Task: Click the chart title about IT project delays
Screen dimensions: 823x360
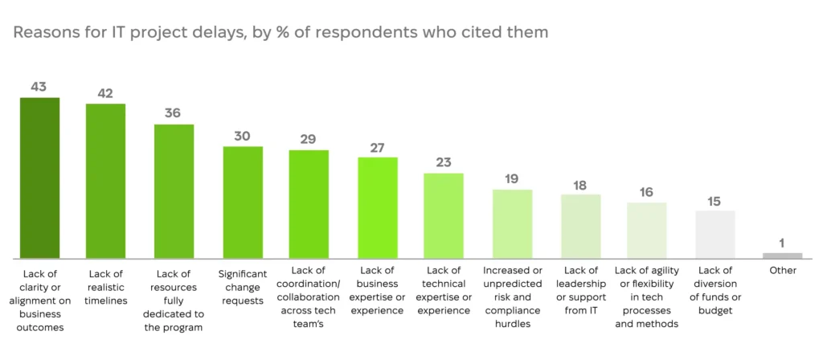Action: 280,32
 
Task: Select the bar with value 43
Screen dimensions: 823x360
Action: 40,178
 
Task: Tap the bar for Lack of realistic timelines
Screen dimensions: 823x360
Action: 105,181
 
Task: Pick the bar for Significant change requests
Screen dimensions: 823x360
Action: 243,202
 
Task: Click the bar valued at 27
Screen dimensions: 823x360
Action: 378,208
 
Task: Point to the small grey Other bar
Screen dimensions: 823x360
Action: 783,256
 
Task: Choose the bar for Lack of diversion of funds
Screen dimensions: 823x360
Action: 715,235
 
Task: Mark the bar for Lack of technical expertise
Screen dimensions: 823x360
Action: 444,215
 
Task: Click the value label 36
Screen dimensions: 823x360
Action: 173,112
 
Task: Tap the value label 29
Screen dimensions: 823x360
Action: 309,139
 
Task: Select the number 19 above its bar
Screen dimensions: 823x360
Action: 512,178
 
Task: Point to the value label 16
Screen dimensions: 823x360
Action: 647,192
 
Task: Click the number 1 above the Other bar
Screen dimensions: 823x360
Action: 782,243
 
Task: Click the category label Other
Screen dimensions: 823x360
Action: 783,271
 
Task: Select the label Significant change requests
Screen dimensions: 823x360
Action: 243,288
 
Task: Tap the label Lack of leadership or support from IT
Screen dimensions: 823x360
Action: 581,290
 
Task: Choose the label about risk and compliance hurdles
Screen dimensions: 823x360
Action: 512,297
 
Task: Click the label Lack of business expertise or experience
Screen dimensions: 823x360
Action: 378,290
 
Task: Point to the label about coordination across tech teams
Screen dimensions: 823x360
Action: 309,297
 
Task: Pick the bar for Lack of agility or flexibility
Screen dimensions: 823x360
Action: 647,231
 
